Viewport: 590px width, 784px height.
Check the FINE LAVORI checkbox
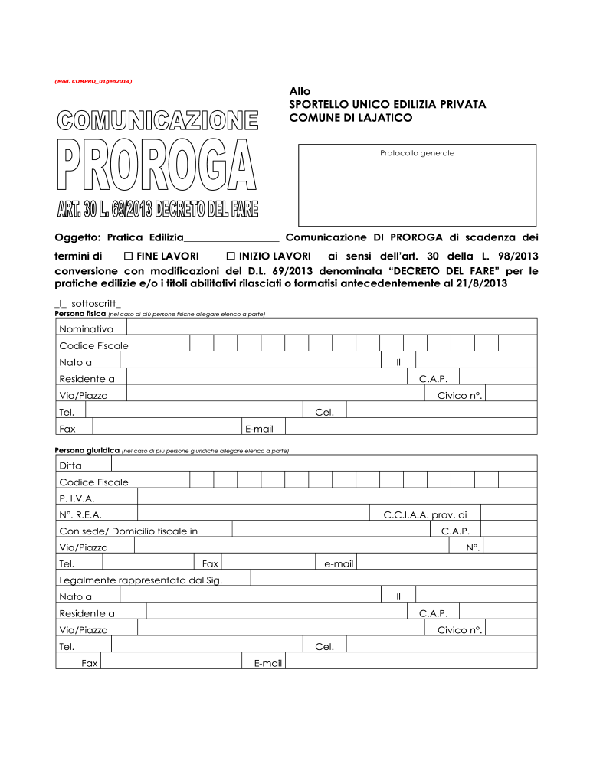click(129, 255)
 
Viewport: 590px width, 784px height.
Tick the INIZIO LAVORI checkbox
click(231, 255)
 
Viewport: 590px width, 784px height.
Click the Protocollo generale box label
click(417, 153)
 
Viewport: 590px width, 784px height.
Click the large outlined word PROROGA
click(156, 166)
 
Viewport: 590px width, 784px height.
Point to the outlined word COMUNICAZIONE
click(156, 121)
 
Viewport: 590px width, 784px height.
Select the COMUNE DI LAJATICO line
click(350, 118)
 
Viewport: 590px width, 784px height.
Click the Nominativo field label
click(86, 328)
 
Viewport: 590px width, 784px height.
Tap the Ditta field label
click(70, 465)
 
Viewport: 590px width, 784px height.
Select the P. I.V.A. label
click(77, 498)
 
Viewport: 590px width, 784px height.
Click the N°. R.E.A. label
click(80, 515)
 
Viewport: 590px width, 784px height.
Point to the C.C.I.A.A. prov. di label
click(424, 515)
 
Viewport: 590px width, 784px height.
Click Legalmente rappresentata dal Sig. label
click(140, 580)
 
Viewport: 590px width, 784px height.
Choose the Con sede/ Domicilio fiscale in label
click(128, 531)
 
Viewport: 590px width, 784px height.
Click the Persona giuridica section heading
click(87, 451)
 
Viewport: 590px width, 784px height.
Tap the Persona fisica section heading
click(80, 314)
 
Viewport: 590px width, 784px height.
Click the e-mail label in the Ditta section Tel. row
click(338, 564)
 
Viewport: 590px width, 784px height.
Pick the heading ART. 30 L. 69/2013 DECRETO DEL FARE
click(157, 209)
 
